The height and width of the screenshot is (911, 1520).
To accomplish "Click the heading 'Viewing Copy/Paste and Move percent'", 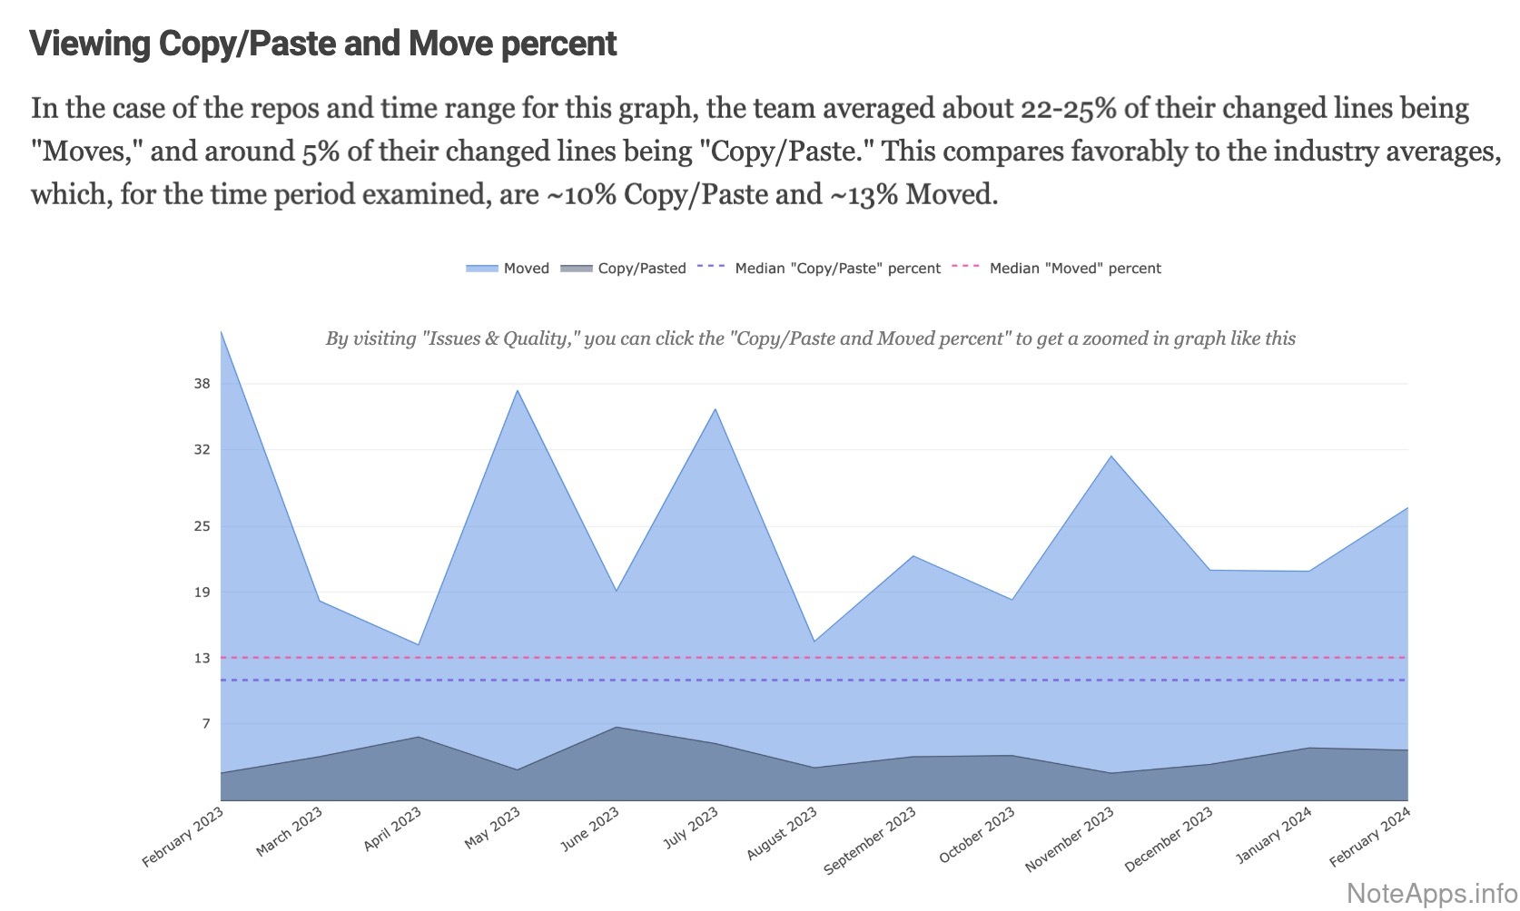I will click(323, 44).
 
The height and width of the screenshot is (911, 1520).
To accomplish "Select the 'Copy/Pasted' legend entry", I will click(624, 269).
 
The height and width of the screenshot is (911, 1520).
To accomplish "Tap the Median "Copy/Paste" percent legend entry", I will click(820, 269).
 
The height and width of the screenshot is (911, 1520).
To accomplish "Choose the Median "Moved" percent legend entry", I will click(1057, 269).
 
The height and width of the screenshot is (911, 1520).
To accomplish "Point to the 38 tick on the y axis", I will click(202, 384).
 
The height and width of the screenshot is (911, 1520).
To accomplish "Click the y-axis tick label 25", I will click(202, 526).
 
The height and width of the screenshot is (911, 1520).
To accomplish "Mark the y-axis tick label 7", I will click(206, 724).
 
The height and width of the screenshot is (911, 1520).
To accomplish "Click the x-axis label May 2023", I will click(493, 828).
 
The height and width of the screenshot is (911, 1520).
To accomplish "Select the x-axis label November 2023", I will click(1070, 839).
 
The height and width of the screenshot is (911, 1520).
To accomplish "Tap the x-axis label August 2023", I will click(783, 834).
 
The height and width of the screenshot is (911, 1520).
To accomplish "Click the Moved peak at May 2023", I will click(518, 390).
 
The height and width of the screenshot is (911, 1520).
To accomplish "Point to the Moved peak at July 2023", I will click(716, 409).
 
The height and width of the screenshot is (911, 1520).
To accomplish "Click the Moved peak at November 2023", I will click(1111, 456).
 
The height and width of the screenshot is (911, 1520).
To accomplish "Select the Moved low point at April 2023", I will click(419, 644).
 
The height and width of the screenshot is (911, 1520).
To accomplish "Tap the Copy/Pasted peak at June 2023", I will click(617, 727).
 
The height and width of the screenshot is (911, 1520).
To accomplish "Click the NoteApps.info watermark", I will click(1431, 893).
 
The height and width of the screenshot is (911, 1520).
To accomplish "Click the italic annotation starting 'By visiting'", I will click(810, 338).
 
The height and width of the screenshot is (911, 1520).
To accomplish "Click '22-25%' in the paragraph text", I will click(1068, 108).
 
